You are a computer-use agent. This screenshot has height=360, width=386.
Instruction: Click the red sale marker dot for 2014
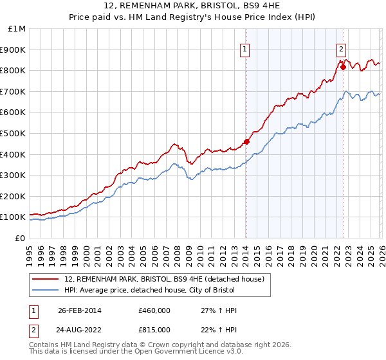click(x=246, y=141)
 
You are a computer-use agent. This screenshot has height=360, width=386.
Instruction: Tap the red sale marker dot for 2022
click(x=343, y=67)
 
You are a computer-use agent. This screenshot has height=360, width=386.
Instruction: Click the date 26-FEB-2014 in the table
click(x=80, y=310)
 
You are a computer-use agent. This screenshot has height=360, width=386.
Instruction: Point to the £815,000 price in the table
click(x=154, y=330)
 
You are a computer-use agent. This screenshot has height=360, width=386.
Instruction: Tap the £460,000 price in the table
click(x=154, y=310)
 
